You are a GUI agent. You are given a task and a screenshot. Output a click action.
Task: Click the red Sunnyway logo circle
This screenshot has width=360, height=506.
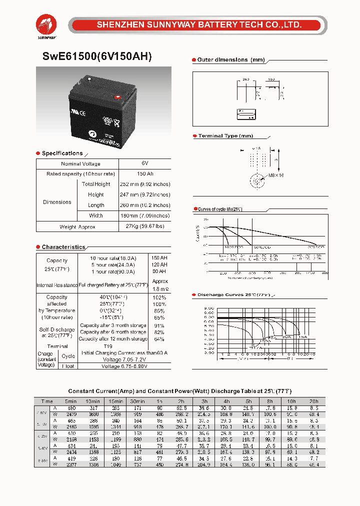pyautogui.click(x=46, y=23)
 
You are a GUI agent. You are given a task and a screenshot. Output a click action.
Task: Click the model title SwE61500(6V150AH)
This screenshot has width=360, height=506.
pyautogui.click(x=93, y=56)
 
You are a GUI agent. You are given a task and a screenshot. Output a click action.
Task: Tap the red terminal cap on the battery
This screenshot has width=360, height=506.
pyautogui.click(x=118, y=97)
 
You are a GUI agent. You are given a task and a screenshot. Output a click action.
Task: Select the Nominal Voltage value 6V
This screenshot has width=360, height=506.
pyautogui.click(x=144, y=164)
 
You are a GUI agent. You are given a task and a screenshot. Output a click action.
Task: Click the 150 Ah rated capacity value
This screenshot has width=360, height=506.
pyautogui.click(x=144, y=174)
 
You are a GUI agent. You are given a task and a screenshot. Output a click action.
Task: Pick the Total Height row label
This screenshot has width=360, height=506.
pyautogui.click(x=96, y=184)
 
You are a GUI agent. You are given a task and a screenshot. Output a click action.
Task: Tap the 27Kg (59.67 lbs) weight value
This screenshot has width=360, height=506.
pyautogui.click(x=144, y=227)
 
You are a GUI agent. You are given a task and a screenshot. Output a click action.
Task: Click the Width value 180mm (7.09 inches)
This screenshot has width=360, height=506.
pyautogui.click(x=144, y=216)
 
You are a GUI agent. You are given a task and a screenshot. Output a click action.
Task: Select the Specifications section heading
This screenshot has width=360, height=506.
pyautogui.click(x=62, y=153)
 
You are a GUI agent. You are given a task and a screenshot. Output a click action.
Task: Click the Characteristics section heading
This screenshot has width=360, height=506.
pyautogui.click(x=63, y=247)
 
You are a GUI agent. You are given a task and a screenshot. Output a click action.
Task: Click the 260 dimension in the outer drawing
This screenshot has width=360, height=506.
pyautogui.click(x=245, y=79)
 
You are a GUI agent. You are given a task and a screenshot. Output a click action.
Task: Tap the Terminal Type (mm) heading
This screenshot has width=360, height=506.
pyautogui.click(x=225, y=136)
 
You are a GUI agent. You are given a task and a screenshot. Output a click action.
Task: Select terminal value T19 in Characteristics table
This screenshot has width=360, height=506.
pyautogui.click(x=108, y=346)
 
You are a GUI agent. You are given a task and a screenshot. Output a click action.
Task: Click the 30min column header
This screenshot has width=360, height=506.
pyautogui.click(x=137, y=401)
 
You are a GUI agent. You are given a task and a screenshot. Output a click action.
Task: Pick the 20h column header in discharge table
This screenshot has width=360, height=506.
pyautogui.click(x=313, y=401)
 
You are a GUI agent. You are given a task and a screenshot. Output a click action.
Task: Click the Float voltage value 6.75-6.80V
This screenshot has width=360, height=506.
pyautogui.click(x=125, y=366)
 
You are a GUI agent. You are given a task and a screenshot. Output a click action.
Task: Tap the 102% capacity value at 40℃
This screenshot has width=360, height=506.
pyautogui.click(x=159, y=297)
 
